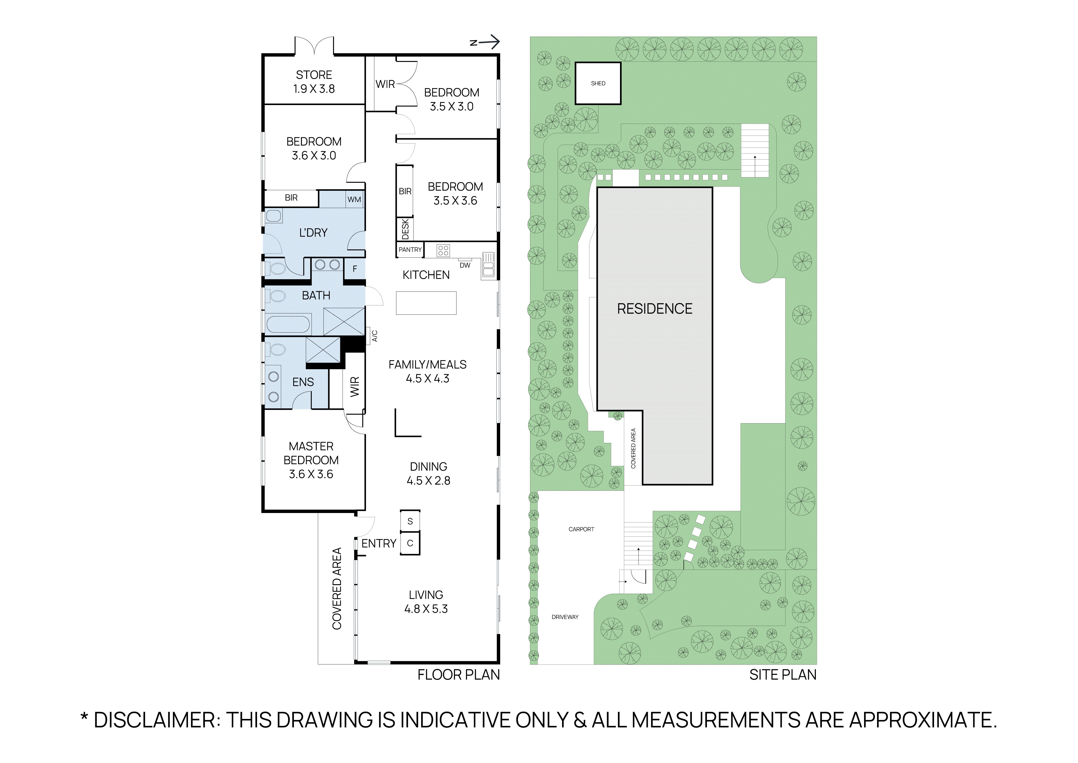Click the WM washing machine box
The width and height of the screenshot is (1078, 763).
pos(354,199)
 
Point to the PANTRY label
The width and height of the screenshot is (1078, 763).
pos(410,250)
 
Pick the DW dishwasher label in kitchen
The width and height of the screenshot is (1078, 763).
pos(465,265)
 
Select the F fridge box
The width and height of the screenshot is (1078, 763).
pos(355,269)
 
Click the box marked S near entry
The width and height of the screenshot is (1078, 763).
pos(410,521)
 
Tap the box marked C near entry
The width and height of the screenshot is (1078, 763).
pos(410,543)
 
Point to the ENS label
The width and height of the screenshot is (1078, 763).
pos(303,382)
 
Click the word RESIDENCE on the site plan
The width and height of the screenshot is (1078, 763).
pos(655,309)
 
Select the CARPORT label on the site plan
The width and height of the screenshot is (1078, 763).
pos(581,529)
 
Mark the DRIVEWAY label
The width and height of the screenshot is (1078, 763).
pos(565,617)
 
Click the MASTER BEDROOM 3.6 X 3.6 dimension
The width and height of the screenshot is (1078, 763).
pos(311,474)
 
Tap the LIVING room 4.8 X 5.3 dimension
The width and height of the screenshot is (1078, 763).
pos(426,609)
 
